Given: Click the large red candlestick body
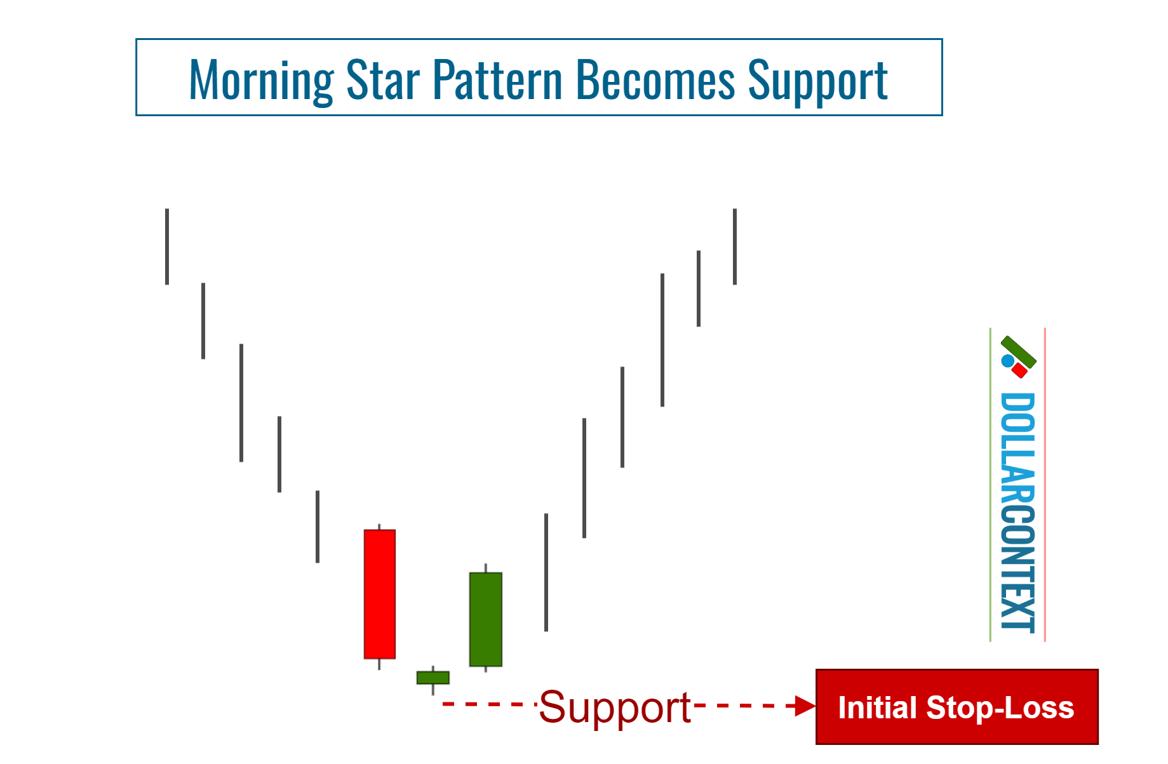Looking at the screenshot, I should [x=379, y=594].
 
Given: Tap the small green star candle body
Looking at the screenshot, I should [x=433, y=678].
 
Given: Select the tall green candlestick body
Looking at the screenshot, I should [x=485, y=619].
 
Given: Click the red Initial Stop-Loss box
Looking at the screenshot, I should [x=957, y=707].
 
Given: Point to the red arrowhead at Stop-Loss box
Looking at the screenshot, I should [x=806, y=706].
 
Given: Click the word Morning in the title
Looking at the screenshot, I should [x=261, y=80].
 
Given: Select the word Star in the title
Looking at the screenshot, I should [x=383, y=80].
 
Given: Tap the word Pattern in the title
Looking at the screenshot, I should [x=497, y=80].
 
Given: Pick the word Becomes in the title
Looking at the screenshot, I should [x=655, y=80].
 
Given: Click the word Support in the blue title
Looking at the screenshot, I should [x=817, y=81].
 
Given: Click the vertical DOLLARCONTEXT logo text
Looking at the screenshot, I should [x=1017, y=511].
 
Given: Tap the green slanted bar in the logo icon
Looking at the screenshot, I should [x=1019, y=352].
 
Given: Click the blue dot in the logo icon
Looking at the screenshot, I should [x=1007, y=361].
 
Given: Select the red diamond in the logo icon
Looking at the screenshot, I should [x=1020, y=370].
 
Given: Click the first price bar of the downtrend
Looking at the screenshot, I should [x=167, y=246].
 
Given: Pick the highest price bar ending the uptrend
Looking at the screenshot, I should [x=735, y=246].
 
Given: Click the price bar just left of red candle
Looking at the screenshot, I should [x=318, y=526].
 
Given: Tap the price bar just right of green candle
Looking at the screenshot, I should [x=546, y=572].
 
